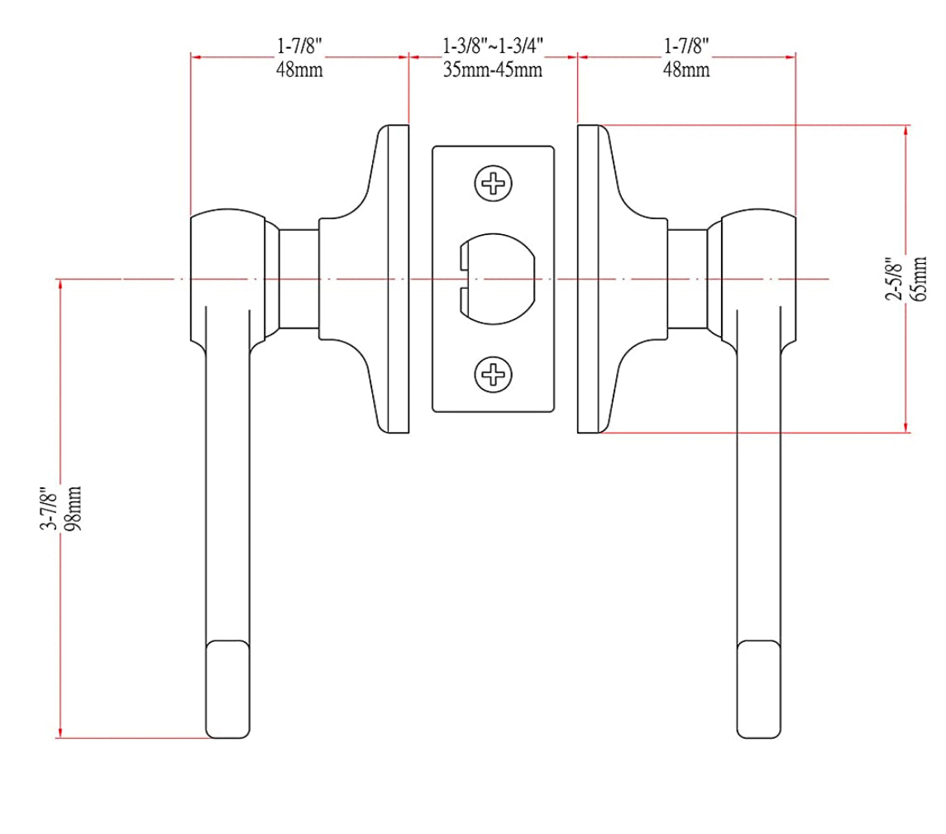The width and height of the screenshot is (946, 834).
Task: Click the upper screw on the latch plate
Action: tap(493, 182)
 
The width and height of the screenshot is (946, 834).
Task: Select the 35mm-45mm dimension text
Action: tap(493, 70)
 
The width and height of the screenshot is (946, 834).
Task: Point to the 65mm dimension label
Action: tap(920, 280)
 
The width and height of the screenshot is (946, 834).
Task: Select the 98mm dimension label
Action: tap(74, 509)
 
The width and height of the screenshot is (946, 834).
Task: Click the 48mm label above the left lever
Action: tap(299, 70)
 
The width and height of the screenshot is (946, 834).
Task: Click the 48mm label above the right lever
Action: tap(686, 70)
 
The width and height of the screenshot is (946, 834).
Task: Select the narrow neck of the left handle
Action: tap(299, 280)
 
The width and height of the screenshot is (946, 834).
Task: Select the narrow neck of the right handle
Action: tap(687, 280)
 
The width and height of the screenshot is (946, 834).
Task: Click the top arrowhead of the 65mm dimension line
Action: tap(907, 129)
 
